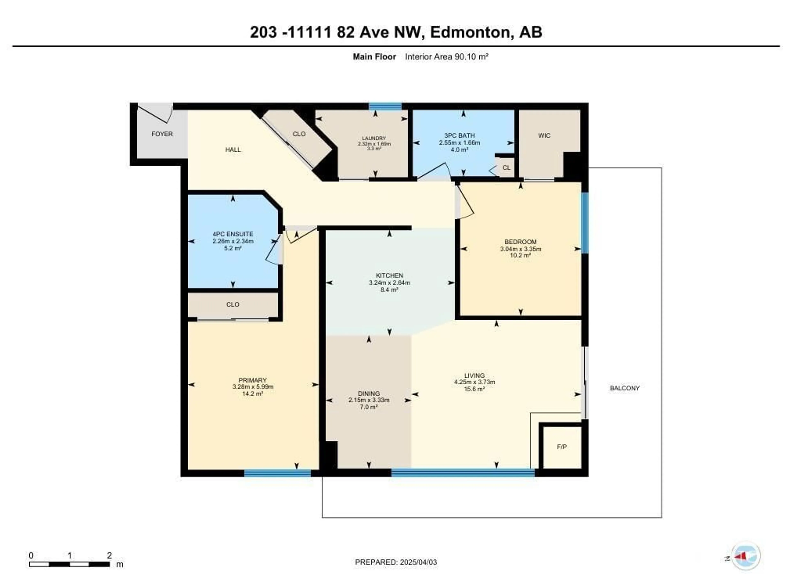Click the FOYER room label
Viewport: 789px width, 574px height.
(162, 134)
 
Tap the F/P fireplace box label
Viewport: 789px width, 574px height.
(562, 447)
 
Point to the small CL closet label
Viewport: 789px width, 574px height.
(506, 168)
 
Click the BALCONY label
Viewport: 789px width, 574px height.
(625, 388)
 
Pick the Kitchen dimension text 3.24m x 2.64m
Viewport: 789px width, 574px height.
(389, 283)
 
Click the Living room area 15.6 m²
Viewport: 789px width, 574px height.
(474, 389)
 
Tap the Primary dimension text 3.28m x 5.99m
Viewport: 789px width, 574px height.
(253, 387)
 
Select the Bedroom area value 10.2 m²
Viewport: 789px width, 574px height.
(520, 255)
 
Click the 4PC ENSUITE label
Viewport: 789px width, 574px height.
(233, 234)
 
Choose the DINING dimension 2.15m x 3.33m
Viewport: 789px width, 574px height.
(369, 400)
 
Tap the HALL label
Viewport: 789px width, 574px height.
(233, 149)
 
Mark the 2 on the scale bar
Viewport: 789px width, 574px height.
(109, 555)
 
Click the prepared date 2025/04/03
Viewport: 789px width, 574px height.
(419, 562)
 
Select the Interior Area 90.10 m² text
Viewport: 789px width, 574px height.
(447, 57)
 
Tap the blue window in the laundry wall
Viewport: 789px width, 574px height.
(385, 106)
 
